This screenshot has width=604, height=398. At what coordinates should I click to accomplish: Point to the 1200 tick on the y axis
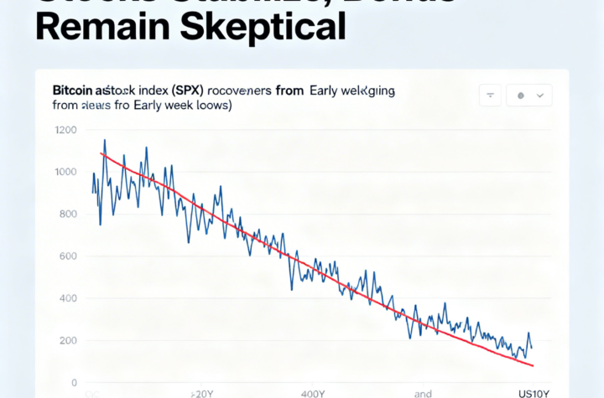pos(65,131)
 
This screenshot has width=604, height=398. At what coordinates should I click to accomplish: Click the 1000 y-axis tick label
pos(65,173)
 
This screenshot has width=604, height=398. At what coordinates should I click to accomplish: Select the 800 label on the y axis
pos(66,215)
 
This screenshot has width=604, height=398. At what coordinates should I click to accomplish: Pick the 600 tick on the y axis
pos(66,256)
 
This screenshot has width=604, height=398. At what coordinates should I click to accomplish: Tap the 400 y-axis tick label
pos(66,298)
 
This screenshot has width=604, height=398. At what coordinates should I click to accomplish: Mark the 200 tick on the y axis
pos(66,340)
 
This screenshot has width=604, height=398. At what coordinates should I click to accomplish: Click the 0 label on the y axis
pos(74,383)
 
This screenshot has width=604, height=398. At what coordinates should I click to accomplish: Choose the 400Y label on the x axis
pos(312,392)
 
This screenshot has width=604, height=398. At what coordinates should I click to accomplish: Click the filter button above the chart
pos(490,96)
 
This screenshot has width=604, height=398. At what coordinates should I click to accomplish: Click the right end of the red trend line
pos(533,365)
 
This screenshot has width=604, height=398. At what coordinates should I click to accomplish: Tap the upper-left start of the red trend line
pos(101,153)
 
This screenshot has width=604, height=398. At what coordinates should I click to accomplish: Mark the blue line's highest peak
pos(104,140)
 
